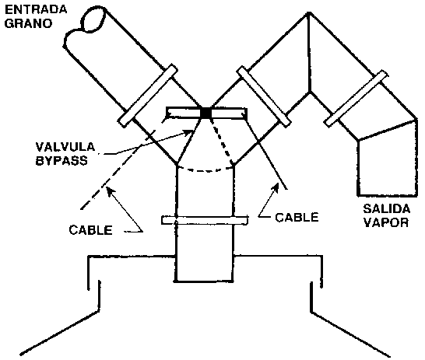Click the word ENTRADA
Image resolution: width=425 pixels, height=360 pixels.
36,9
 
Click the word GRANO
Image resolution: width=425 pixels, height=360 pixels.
28,23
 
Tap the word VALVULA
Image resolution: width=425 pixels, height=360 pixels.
65,147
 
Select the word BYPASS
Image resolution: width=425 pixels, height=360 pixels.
61,160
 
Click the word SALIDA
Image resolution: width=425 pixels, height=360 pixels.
386,209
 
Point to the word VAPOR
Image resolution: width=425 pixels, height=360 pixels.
386,222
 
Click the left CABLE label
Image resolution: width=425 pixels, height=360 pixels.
90,230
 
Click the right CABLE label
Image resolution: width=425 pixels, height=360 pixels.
297,217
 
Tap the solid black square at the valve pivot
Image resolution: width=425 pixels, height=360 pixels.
206,113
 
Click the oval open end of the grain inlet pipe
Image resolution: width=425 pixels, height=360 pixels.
93,18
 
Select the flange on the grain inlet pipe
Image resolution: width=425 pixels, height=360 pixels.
148,96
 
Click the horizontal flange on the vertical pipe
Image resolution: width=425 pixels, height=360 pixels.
205,220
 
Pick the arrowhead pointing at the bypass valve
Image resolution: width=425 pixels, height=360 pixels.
188,132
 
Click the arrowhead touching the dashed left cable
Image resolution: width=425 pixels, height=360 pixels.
109,190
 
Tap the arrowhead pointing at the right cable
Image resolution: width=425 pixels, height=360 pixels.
276,187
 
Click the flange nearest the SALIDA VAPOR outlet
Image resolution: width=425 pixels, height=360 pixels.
356,98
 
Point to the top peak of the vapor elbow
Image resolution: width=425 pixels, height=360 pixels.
308,12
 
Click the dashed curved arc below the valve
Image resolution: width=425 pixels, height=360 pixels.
205,170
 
